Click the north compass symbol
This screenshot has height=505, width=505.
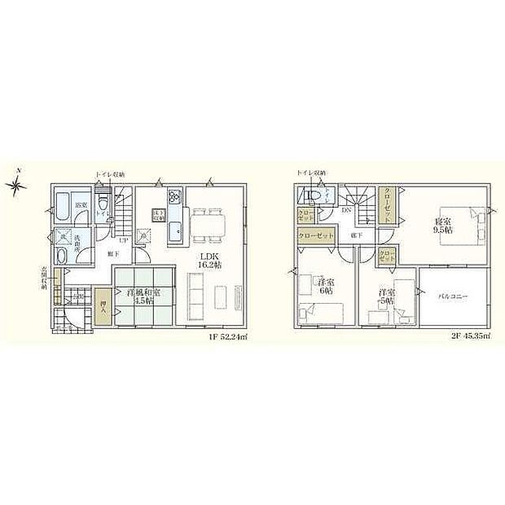coord(18,187)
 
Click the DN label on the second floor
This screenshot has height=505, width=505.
coord(347,211)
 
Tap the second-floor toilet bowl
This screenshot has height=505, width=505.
coord(310,196)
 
